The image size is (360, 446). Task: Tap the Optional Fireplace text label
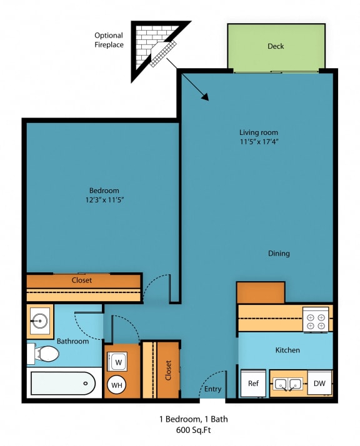click(109, 40)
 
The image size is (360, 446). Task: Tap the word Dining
click(279, 253)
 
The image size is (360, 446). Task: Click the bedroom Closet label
click(81, 280)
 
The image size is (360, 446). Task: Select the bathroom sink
click(40, 321)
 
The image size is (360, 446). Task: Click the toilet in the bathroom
click(44, 355)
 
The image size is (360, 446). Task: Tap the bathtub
click(62, 382)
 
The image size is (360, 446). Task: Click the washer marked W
click(119, 361)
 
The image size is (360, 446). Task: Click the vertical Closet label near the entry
click(168, 370)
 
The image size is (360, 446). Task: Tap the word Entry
click(213, 389)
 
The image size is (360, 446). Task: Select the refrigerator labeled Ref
click(253, 384)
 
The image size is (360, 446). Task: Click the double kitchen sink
click(287, 384)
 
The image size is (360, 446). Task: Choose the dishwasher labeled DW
click(319, 384)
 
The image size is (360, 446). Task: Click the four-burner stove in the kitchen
click(316, 321)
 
